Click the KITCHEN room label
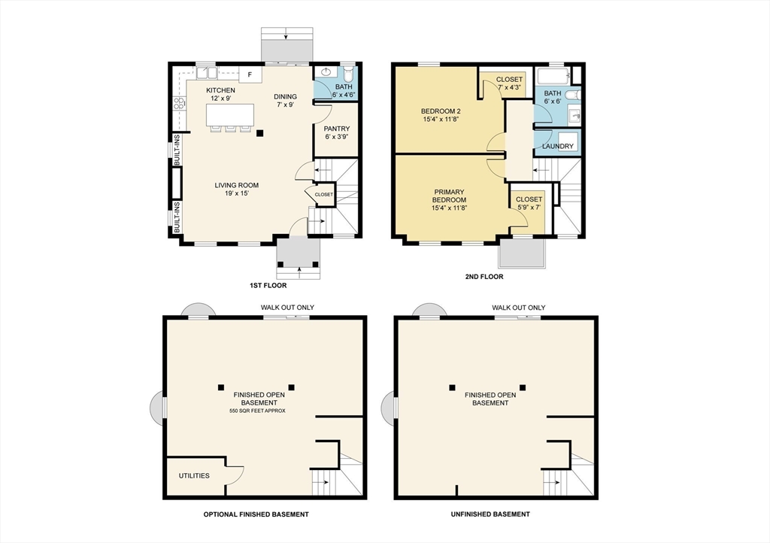(221, 91)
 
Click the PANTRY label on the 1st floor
(336, 129)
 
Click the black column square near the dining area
(259, 133)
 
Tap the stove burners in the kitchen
(179, 104)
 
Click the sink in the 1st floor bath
(326, 73)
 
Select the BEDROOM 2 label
(441, 113)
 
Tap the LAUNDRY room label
(557, 146)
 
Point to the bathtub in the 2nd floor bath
(553, 75)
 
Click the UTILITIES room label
(194, 476)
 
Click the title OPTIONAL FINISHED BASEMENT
(256, 514)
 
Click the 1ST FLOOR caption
(268, 286)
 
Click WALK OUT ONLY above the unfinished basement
(518, 308)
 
